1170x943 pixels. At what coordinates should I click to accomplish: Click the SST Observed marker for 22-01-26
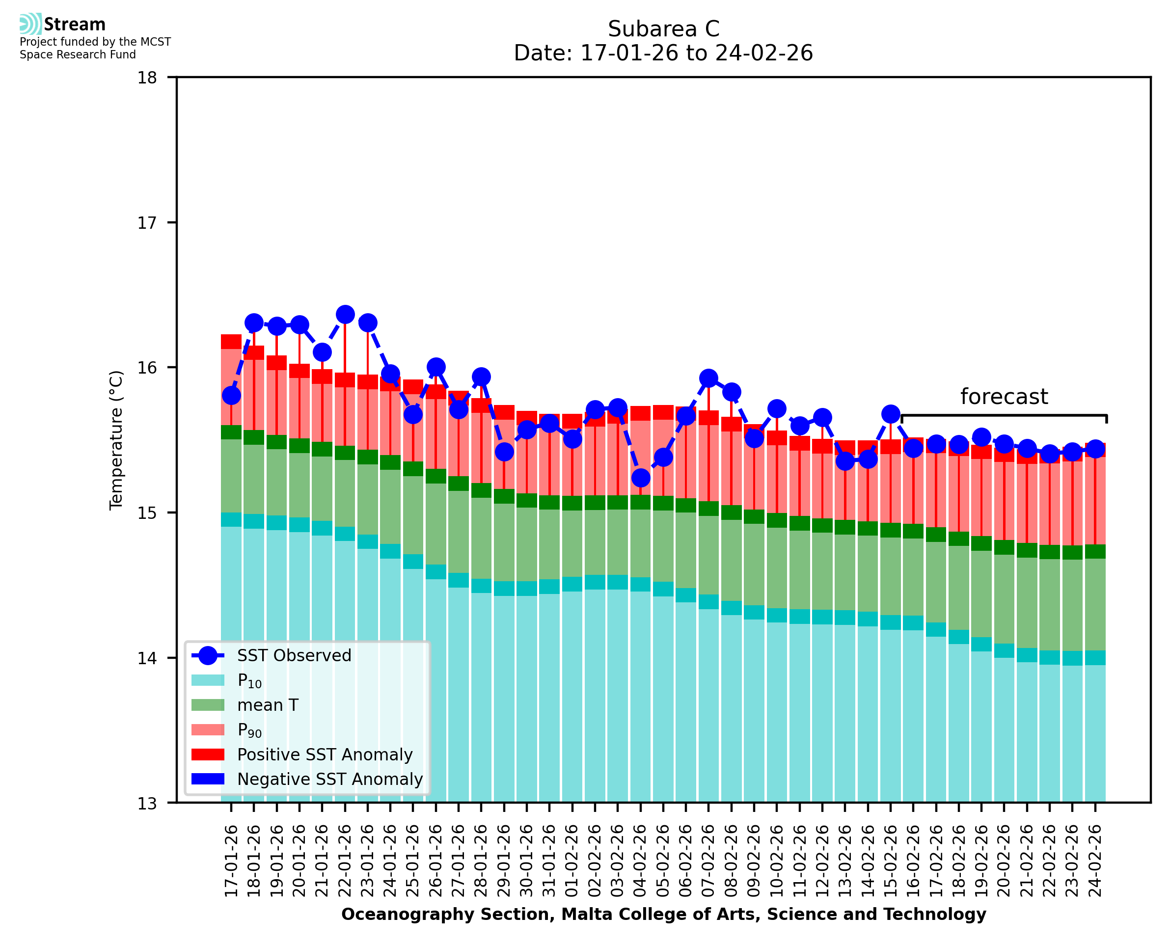pyautogui.click(x=345, y=315)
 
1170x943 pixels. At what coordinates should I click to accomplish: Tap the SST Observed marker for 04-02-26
pyautogui.click(x=640, y=478)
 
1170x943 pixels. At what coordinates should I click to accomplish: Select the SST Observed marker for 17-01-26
pyautogui.click(x=231, y=396)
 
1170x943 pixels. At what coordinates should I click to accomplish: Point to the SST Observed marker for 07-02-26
pyautogui.click(x=708, y=378)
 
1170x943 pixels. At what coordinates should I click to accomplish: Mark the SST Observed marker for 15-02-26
pyautogui.click(x=890, y=414)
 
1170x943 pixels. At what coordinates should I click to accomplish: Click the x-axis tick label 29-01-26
pyautogui.click(x=505, y=861)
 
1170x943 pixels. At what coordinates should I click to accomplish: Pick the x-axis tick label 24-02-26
pyautogui.click(x=1095, y=861)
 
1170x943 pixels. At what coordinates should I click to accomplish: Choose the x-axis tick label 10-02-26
pyautogui.click(x=777, y=861)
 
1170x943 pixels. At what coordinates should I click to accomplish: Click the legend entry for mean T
pyautogui.click(x=268, y=705)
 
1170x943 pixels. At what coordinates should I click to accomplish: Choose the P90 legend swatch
pyautogui.click(x=208, y=729)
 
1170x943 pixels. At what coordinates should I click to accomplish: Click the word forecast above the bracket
pyautogui.click(x=1004, y=397)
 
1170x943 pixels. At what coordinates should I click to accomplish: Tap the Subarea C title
pyautogui.click(x=663, y=29)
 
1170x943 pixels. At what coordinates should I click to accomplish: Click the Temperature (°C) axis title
pyautogui.click(x=116, y=440)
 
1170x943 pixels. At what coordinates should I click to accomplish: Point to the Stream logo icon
pyautogui.click(x=30, y=24)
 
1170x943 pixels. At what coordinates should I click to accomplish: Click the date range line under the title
pyautogui.click(x=663, y=53)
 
